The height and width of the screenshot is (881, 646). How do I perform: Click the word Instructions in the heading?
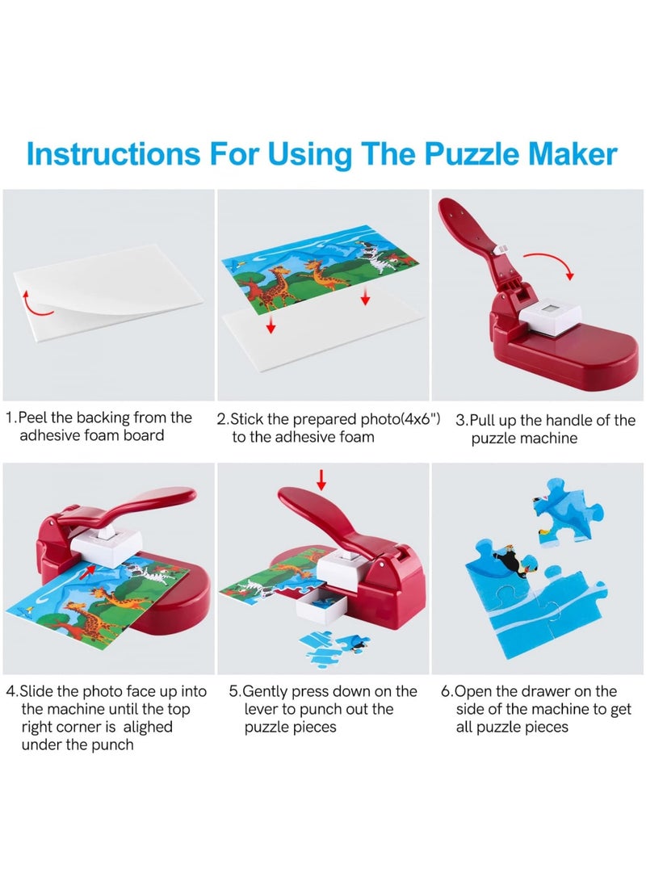[113, 153]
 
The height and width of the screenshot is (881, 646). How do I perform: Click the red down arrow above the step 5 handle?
[321, 479]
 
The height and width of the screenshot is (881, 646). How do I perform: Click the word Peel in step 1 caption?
[33, 417]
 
